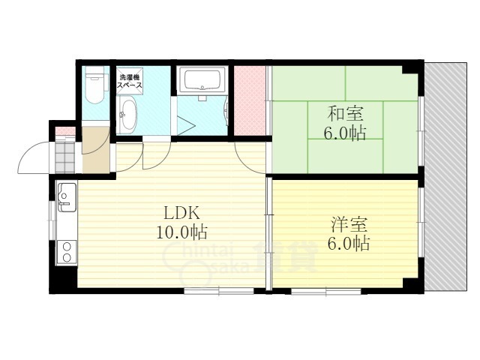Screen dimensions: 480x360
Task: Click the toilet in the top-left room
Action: [x=95, y=85]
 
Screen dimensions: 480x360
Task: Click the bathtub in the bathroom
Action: [x=202, y=79]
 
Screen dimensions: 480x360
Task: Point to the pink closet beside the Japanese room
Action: [x=250, y=100]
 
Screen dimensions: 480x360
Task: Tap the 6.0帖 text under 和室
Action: [x=345, y=133]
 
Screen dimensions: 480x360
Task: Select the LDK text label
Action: [x=181, y=213]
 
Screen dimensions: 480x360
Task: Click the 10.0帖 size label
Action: [x=181, y=232]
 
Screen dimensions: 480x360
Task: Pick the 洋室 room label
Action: [x=349, y=225]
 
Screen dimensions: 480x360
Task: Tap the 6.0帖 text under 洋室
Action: [x=348, y=244]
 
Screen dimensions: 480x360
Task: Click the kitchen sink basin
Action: [x=67, y=197]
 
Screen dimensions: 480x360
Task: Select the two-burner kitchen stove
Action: [x=66, y=252]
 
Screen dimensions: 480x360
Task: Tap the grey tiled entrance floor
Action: [x=65, y=157]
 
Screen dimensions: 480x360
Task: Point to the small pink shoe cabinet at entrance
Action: [x=65, y=131]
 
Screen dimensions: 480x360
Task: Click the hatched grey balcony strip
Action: [x=445, y=177]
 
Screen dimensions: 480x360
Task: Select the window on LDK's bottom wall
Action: [x=219, y=291]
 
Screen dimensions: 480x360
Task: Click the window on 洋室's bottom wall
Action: [x=326, y=291]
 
